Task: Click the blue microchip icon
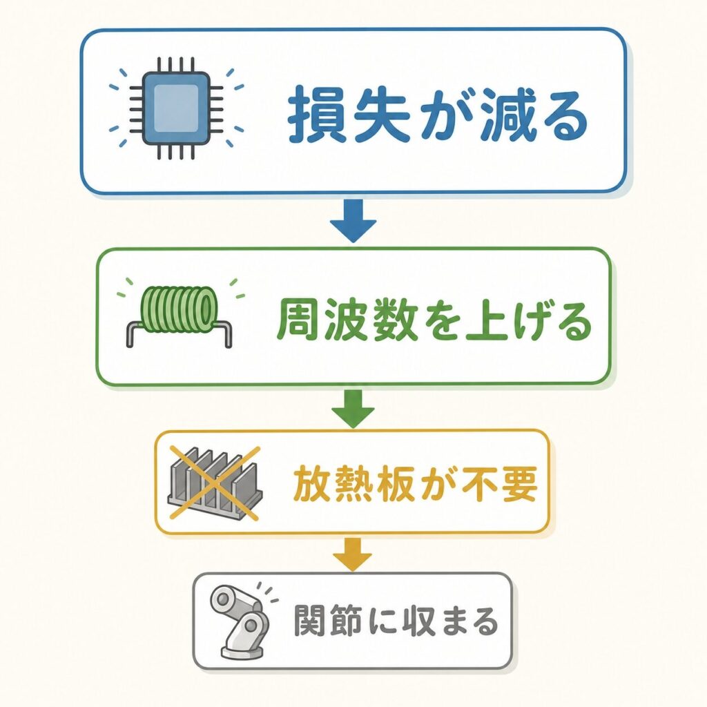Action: (176, 108)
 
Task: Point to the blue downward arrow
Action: (353, 220)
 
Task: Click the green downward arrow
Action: (353, 409)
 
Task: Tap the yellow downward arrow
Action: (353, 554)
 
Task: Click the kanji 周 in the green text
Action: (297, 320)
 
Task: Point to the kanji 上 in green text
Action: (487, 320)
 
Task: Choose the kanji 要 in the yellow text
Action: (519, 484)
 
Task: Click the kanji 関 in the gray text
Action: (311, 621)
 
